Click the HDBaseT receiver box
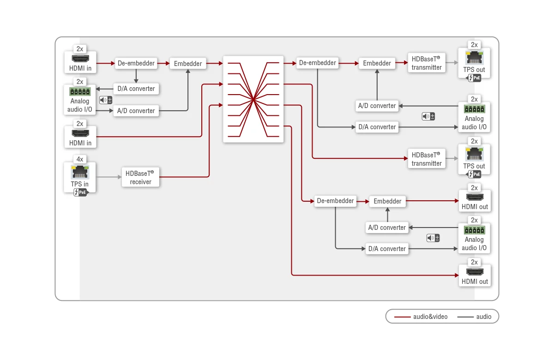point(140,177)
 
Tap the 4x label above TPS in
point(79,159)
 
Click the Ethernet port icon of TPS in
point(79,172)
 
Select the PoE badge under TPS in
point(81,192)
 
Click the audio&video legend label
point(430,317)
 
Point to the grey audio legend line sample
point(465,317)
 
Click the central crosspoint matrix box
point(253,99)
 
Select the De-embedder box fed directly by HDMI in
point(136,63)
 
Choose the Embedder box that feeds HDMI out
point(387,201)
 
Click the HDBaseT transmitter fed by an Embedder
point(427,63)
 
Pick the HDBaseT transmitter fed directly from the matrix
point(427,159)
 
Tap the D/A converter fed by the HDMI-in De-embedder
point(136,89)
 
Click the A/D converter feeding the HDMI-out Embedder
point(387,228)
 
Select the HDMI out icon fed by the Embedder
point(475,197)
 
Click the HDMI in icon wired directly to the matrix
point(80,133)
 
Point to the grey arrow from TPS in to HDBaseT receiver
point(109,177)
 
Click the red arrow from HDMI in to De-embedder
point(106,64)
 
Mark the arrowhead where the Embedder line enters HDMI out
point(457,201)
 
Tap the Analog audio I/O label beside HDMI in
point(79,105)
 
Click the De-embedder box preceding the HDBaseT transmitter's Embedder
point(318,63)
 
